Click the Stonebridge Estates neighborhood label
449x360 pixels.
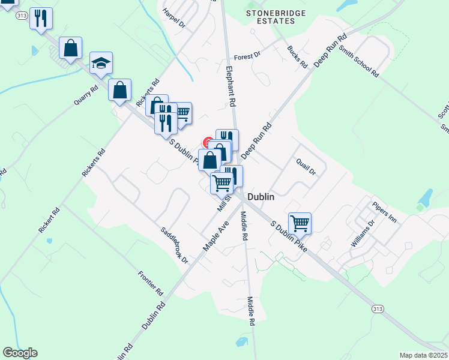coord(277,17)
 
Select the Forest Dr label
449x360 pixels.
coord(247,55)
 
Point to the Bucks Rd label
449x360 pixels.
coord(297,56)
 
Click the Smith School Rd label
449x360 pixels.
coord(358,56)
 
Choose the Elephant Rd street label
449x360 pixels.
coord(230,86)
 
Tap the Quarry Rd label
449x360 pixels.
coord(86,96)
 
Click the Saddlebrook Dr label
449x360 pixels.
coord(174,245)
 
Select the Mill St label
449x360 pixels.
coord(224,203)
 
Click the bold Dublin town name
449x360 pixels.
coord(261,197)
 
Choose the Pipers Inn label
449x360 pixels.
coord(384,212)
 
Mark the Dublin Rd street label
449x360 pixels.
coord(154,315)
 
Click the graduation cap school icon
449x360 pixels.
coord(101,63)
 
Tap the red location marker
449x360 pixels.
coord(208,143)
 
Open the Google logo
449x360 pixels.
coord(20,353)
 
